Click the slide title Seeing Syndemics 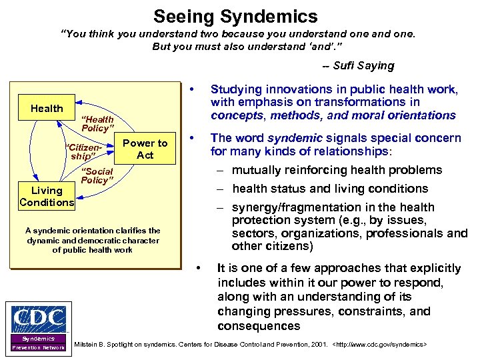click(235, 15)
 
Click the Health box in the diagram click(47, 108)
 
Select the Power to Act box click(145, 149)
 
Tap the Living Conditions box click(46, 197)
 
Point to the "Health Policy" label click(97, 123)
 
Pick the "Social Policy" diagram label click(97, 176)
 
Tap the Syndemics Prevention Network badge click(38, 343)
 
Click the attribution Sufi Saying click(358, 65)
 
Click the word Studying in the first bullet click(235, 89)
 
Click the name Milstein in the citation click(89, 345)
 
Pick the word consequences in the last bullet click(259, 326)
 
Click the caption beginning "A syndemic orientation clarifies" click(93, 240)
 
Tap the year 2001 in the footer click(310, 345)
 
